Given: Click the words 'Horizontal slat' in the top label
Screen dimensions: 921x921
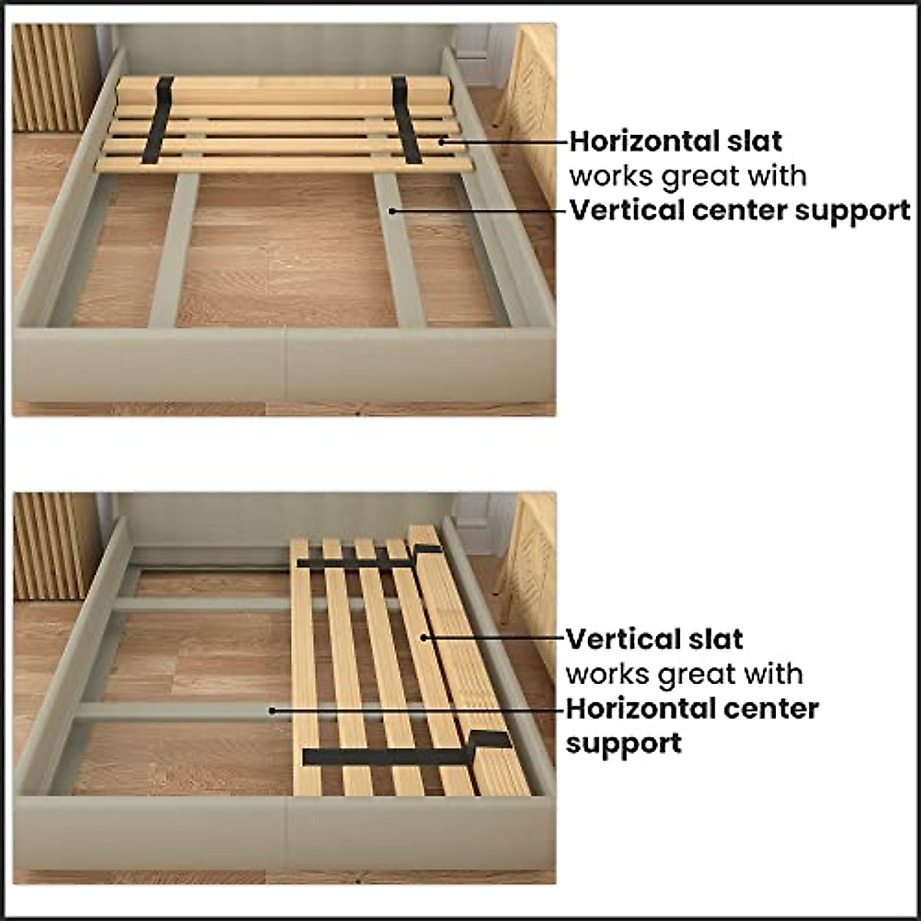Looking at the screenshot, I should tap(675, 141).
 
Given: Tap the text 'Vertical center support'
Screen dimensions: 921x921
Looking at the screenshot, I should tap(739, 210).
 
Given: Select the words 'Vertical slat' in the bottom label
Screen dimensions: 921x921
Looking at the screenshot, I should tap(654, 639).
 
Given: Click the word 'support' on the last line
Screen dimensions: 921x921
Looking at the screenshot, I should tap(623, 743).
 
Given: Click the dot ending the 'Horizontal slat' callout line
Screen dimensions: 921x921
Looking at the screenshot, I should tap(442, 140).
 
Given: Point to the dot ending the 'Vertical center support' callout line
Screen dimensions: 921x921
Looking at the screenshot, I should tap(391, 209).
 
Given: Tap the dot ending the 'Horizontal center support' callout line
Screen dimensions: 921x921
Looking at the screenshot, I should tap(271, 710).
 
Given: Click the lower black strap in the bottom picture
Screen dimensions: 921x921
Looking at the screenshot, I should tap(384, 756).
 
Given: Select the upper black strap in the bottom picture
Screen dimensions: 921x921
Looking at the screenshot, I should tap(361, 561).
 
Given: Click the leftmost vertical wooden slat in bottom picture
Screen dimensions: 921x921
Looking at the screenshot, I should tap(305, 668).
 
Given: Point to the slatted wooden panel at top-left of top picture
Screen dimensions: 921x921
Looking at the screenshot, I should tap(51, 77).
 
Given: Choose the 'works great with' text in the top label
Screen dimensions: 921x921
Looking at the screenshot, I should tap(688, 176).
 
